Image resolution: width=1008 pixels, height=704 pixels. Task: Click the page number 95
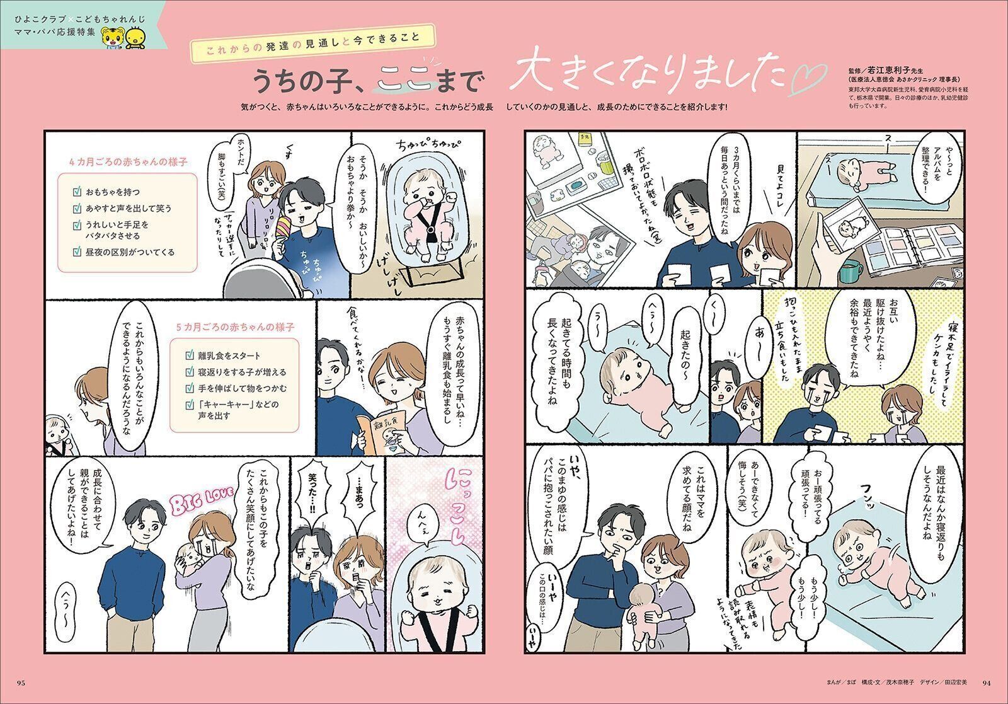(21, 681)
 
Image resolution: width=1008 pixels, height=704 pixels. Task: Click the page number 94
(987, 681)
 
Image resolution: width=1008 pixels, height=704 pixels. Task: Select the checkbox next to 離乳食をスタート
(190, 355)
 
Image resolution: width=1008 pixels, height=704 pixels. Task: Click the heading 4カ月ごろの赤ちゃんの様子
(122, 161)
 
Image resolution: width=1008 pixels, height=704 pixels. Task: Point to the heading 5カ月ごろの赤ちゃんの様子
(235, 327)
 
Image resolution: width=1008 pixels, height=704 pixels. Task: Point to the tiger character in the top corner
(113, 38)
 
